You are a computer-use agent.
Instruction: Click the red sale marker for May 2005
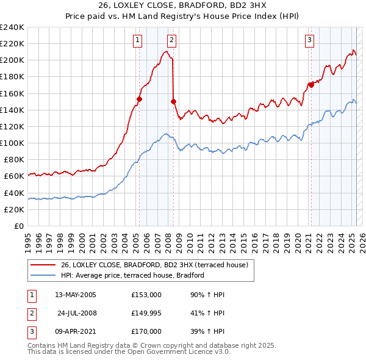tap(139, 99)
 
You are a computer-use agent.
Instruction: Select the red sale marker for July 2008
tap(174, 101)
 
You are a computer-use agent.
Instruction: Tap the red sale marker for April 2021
tap(311, 85)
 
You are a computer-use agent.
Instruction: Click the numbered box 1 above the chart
tap(137, 41)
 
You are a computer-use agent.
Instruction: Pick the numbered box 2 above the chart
tap(171, 41)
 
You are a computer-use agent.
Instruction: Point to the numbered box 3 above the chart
tap(309, 41)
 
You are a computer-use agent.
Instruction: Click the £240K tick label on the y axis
tap(12, 27)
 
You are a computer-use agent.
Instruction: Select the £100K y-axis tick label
tap(12, 143)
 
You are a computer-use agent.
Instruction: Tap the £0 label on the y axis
tap(18, 226)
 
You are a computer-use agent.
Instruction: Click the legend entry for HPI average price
tap(132, 276)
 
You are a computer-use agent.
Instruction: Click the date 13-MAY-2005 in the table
tap(76, 295)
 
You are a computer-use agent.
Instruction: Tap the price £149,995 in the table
tap(146, 313)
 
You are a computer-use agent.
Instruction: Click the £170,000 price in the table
tap(146, 331)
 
